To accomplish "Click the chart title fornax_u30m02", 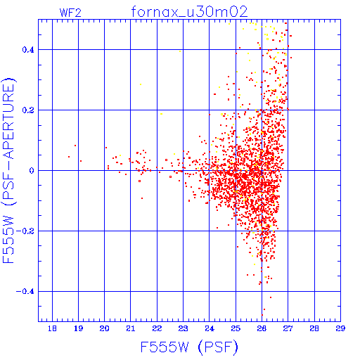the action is (189, 12).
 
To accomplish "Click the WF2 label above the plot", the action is (70, 13).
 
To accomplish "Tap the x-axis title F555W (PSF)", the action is (189, 347).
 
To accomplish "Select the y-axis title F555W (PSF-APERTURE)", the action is (8, 171).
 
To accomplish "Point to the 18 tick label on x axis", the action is (52, 328).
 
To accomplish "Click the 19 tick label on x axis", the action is (78, 328).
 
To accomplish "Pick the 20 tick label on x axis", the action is (104, 328).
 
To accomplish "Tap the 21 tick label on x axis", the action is (131, 328).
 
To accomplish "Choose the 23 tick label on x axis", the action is (183, 328).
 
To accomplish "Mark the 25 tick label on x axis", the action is (236, 328).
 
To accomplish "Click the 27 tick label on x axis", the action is (288, 328).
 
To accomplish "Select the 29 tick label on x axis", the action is (340, 328).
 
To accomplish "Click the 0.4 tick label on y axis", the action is (28, 50).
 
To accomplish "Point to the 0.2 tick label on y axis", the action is (28, 110).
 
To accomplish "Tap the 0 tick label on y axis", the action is (32, 171).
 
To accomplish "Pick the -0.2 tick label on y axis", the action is (25, 231).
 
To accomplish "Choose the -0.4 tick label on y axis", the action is (25, 292).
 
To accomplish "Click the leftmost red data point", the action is (69, 157).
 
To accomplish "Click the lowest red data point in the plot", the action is (262, 315).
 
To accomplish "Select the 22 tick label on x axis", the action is (157, 328).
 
